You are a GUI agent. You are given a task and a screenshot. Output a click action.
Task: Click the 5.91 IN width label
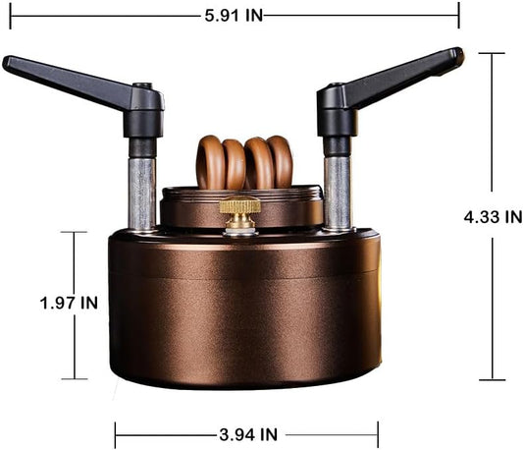(234, 15)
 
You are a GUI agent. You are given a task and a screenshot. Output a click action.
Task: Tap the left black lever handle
(69, 82)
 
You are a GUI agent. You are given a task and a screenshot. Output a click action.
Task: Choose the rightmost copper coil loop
(281, 162)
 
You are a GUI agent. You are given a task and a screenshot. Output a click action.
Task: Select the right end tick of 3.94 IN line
(378, 433)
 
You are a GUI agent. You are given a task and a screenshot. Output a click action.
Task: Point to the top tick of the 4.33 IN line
(492, 53)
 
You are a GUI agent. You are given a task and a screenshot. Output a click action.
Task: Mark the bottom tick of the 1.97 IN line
(75, 379)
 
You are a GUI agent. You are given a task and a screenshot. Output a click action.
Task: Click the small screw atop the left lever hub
(142, 85)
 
